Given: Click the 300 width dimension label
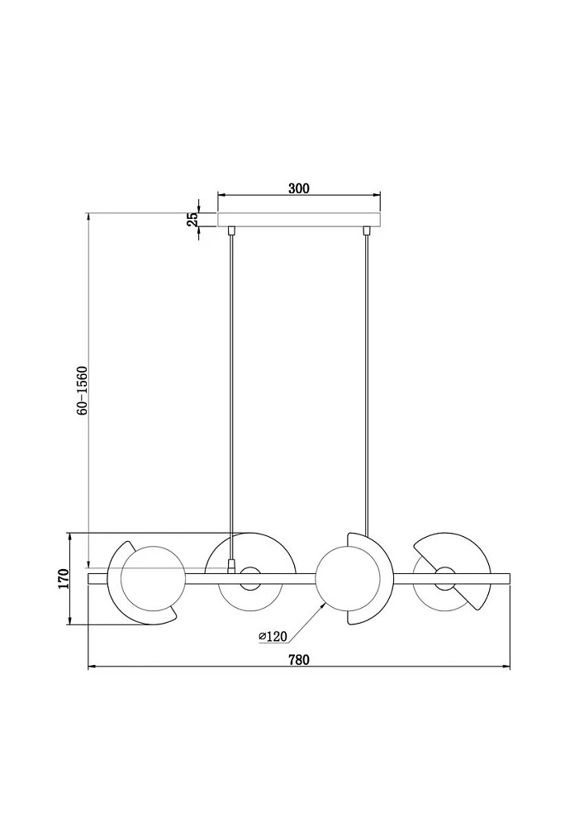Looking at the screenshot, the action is pos(299,188).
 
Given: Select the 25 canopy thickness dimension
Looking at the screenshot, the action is pos(193,219).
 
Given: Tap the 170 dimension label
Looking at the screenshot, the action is pos(64,579).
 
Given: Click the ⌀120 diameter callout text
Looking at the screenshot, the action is pos(273,636).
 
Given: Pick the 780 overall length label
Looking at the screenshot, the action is pos(298,659).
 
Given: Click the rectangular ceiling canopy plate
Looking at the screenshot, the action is pos(299,220).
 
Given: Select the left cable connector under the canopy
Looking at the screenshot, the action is pos(230,230).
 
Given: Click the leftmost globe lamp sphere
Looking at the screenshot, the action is pos(153,578).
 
